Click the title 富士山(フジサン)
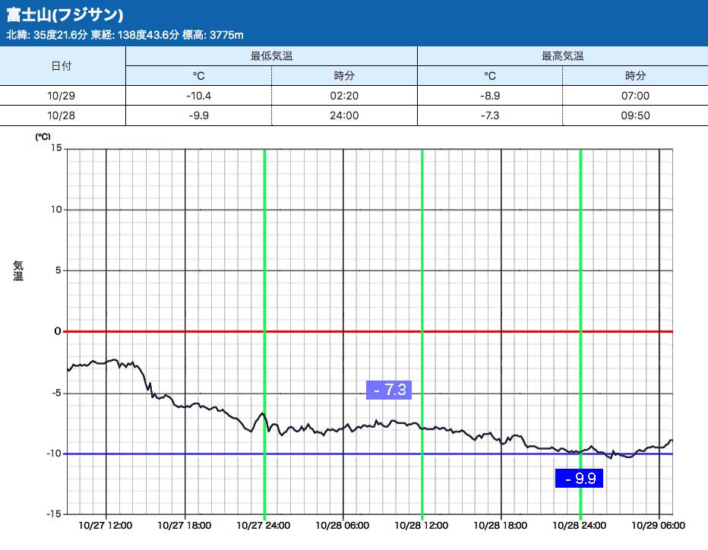pos(65,15)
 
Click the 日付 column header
pos(62,66)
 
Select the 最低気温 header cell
pos(271,56)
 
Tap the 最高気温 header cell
pos(562,56)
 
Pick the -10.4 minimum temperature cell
pos(198,96)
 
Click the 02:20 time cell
pos(344,96)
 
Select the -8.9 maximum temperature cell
pos(490,96)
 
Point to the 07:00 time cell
pos(635,96)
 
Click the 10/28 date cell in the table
pos(62,115)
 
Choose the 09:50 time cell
pos(635,115)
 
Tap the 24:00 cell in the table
pos(344,115)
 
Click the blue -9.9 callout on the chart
pos(580,479)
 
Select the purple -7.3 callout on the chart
pos(389,390)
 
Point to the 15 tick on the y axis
pos(56,148)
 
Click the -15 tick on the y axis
pos(54,514)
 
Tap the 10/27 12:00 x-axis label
pos(106,525)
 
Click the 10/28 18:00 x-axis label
pos(501,525)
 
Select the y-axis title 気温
pos(18,270)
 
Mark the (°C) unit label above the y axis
pos(43,137)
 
